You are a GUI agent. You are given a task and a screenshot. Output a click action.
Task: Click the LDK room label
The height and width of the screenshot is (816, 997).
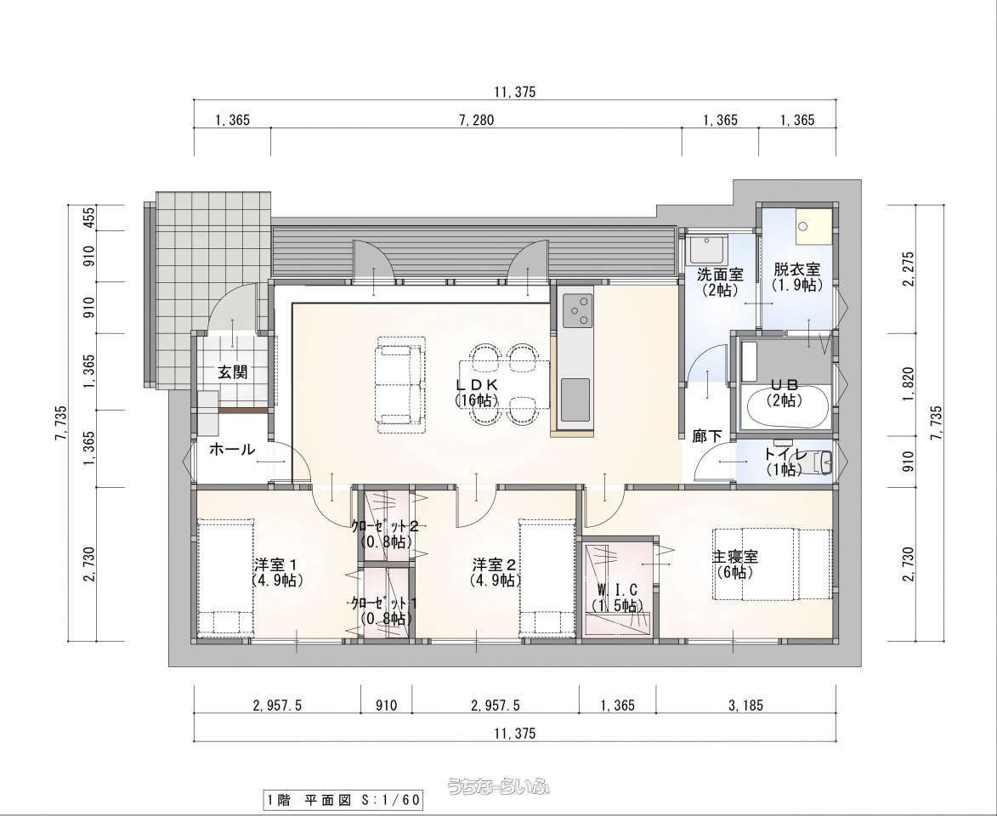(x=476, y=385)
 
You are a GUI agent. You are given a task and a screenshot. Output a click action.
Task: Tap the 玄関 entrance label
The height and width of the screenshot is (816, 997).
(x=233, y=372)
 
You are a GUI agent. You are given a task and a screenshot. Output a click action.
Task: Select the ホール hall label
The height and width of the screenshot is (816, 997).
(x=232, y=450)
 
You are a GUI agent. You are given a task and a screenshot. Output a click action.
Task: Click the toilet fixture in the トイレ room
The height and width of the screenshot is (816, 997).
(x=819, y=462)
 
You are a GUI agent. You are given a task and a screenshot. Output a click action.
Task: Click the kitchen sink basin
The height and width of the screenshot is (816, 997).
(x=575, y=399)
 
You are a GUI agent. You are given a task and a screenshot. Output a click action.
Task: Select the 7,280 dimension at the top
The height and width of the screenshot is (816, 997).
(x=476, y=120)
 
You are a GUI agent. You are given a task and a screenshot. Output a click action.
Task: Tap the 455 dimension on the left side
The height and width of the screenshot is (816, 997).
(x=89, y=218)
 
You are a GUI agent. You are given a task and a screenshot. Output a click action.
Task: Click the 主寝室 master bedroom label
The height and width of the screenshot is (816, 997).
(x=735, y=557)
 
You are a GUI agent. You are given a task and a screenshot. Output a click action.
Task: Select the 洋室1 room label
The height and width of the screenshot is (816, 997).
(x=276, y=564)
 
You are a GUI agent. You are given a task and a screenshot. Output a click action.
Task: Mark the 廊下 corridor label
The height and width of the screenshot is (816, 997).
(x=707, y=436)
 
